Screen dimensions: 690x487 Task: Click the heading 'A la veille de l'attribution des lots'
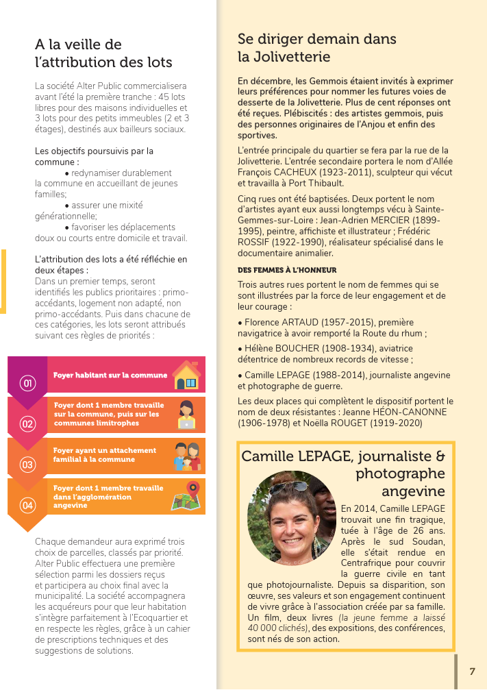click(103, 53)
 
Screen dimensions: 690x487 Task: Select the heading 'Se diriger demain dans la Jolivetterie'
click(317, 47)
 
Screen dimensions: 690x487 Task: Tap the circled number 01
click(27, 383)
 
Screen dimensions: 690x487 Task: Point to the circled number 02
click(27, 423)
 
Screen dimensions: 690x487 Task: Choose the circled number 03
click(27, 465)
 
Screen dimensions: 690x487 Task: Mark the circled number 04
click(27, 506)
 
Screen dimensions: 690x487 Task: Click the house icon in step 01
click(186, 375)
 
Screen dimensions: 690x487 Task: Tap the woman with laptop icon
click(186, 414)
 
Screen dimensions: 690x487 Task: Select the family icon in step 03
click(186, 456)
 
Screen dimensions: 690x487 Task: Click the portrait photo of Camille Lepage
click(292, 517)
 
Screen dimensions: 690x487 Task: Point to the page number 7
click(472, 671)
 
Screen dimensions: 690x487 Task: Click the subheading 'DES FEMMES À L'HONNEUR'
click(287, 270)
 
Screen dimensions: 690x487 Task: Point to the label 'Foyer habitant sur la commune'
click(110, 375)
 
